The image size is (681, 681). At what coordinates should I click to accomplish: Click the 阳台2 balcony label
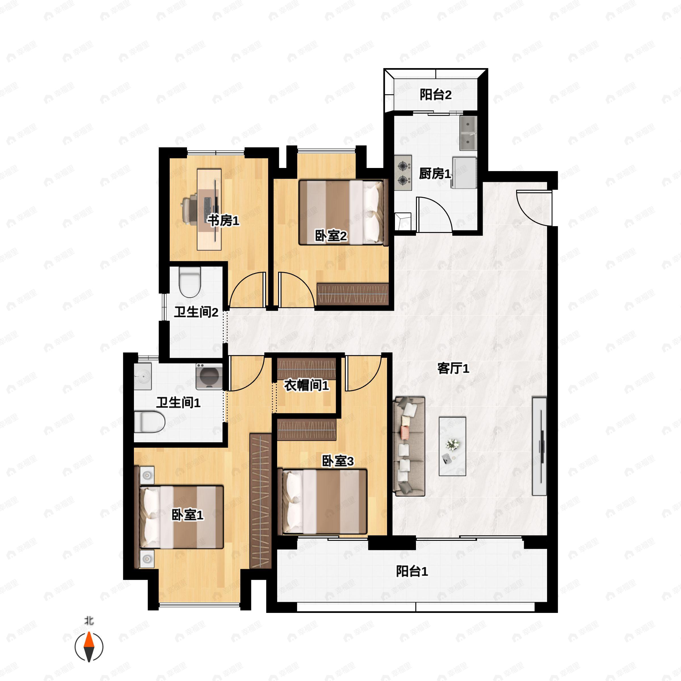coord(435,94)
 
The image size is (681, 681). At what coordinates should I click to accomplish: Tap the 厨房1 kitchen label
coord(435,173)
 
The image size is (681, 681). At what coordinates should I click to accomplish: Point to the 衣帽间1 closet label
coord(306,385)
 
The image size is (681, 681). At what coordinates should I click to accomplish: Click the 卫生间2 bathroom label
coord(196,312)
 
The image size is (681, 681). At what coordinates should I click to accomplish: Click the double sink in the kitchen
coord(468,133)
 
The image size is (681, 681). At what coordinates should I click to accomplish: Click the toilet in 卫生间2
coord(190,282)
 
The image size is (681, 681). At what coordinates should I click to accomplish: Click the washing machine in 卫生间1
coord(209,377)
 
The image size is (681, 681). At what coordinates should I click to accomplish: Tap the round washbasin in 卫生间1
coord(143,377)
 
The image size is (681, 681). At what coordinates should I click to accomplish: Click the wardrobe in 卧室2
coord(352,294)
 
